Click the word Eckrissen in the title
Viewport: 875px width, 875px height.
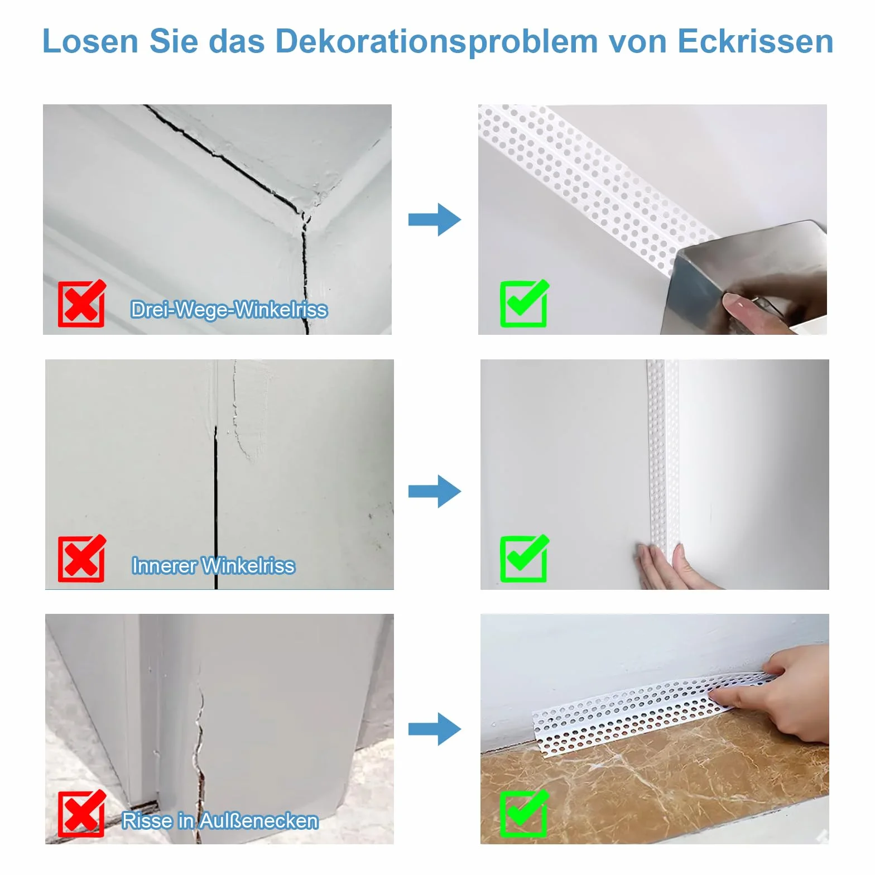[x=756, y=41]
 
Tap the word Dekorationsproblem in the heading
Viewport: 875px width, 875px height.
[x=436, y=42]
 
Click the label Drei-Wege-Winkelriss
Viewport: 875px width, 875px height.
[x=229, y=309]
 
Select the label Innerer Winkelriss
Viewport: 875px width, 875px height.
[x=213, y=565]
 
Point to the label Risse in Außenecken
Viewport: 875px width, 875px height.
[x=220, y=820]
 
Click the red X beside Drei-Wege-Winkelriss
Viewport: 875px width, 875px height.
[x=81, y=303]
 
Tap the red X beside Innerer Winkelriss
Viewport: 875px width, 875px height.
[x=81, y=558]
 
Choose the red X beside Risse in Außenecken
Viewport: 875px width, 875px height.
[x=81, y=813]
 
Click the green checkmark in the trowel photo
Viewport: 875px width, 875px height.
[x=524, y=303]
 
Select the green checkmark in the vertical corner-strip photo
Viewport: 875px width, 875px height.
[x=524, y=558]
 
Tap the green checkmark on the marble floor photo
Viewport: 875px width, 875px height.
[x=524, y=813]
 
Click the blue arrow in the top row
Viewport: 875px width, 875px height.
[x=435, y=219]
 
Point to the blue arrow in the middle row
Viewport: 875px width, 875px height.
[x=435, y=491]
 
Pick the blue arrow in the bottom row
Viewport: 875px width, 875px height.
[x=435, y=729]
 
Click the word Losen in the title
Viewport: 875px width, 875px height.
[x=90, y=41]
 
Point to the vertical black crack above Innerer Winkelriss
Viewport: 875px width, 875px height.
[x=216, y=507]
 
